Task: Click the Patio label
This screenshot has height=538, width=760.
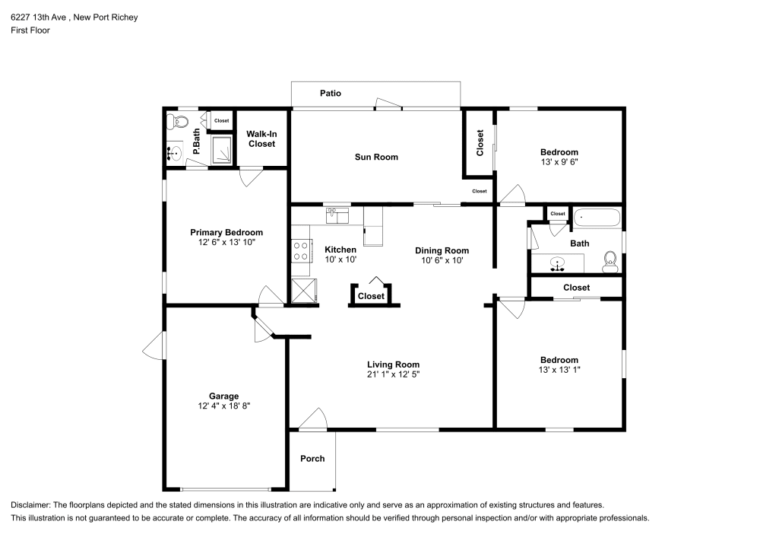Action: coord(330,93)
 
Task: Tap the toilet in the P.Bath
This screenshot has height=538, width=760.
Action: coord(178,121)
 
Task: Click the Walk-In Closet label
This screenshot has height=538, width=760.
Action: coord(261,138)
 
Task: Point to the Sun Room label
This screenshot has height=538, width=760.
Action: coord(376,157)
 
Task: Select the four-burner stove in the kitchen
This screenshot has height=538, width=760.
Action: coord(300,251)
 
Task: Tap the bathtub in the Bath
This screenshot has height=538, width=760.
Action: coord(597,218)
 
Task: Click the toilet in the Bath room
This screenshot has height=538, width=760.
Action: coord(610,262)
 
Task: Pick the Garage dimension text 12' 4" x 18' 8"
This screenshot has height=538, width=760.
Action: coord(224,406)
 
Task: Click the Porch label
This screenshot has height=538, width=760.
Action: coord(312,458)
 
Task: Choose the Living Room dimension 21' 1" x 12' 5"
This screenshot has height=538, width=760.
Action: coord(393,374)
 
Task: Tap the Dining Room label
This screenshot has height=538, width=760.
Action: coord(442,250)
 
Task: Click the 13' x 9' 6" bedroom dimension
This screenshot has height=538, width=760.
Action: coord(559,162)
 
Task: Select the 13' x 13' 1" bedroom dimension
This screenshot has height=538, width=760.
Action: coord(559,370)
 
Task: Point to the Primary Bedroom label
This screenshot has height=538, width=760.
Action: coord(226,232)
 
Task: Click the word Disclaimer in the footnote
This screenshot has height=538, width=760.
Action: coord(30,505)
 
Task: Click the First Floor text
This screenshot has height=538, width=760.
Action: coord(30,30)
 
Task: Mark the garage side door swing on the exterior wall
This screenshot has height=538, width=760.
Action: coord(154,345)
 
